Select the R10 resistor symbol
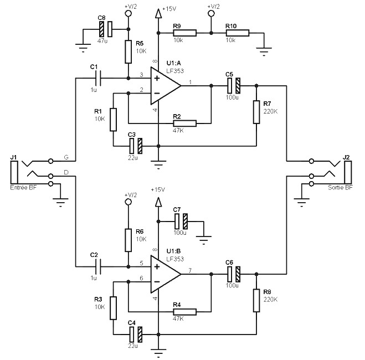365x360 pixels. pos(237,33)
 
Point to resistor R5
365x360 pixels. pos(128,52)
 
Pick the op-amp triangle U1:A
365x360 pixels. pos(166,86)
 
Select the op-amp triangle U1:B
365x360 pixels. pos(166,272)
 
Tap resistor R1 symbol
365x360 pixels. pos(114,119)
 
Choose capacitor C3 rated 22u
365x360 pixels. pos(136,146)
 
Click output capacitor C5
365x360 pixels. pos(233,86)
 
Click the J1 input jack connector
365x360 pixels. pos(14,172)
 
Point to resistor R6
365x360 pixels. pos(128,240)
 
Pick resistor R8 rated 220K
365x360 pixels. pos(256,299)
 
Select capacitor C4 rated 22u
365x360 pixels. pos(136,334)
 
